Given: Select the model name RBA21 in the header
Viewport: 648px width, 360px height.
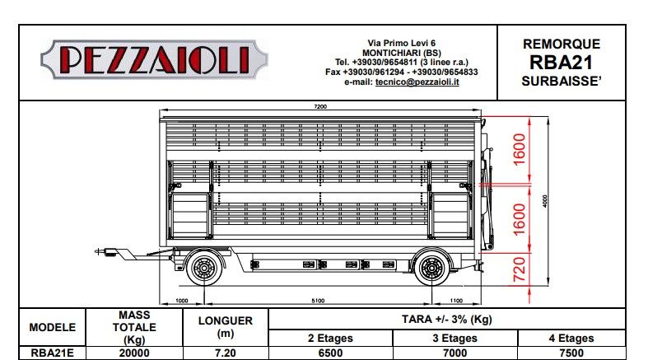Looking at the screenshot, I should coord(562,63).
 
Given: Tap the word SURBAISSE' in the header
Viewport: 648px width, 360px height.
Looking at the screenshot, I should coord(562,82).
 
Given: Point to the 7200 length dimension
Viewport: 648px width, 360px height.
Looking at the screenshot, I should coord(321,106).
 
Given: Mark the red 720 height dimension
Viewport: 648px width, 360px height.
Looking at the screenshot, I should coord(520,269).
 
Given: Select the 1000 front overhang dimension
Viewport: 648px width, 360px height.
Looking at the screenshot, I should coord(183,301).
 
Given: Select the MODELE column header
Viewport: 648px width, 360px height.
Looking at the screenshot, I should coord(53,327).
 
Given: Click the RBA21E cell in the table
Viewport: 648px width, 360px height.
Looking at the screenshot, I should coord(53,352).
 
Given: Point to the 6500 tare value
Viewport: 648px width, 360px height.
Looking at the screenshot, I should coord(329,352).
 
